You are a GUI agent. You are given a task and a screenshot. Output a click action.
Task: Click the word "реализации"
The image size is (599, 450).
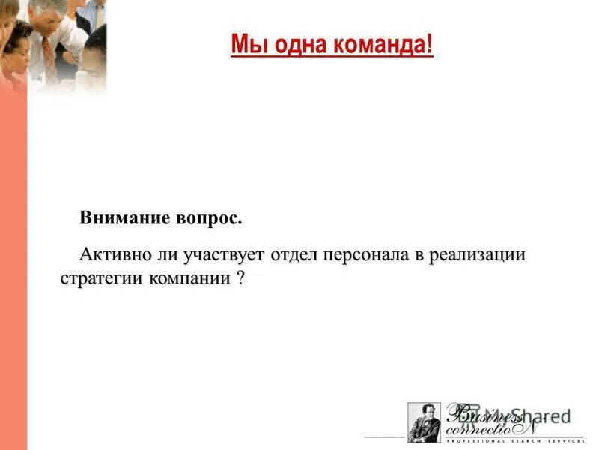pyautogui.click(x=479, y=254)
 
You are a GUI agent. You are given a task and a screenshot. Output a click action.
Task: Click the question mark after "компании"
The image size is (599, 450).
pyautogui.click(x=240, y=277)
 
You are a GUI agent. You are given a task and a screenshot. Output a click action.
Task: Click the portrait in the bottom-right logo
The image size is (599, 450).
pyautogui.click(x=425, y=422)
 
